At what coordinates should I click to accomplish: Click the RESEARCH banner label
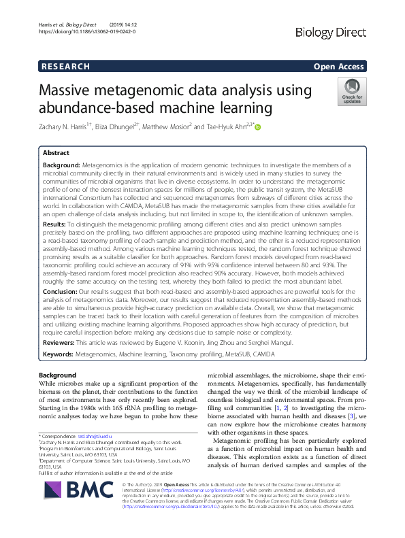coord(65,67)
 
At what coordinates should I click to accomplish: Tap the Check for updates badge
coord(351,91)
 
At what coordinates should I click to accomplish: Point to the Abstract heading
coord(56,153)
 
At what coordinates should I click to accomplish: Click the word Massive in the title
coord(73,90)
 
